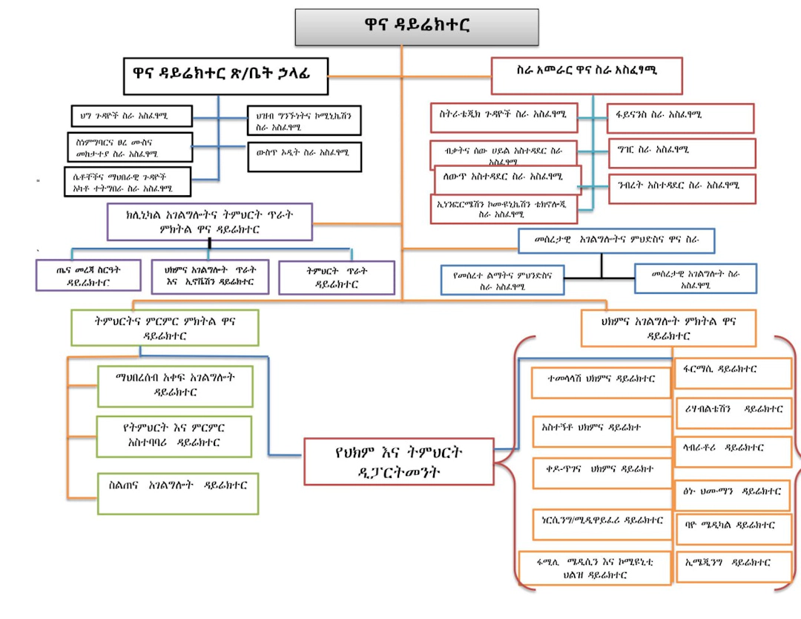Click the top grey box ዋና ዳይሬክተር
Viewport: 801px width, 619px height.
(417, 27)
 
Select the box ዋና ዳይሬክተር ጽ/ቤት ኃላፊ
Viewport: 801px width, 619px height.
(225, 76)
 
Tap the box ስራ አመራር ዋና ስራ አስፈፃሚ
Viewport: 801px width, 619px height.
(587, 75)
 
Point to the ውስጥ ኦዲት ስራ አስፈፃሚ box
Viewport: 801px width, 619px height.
(304, 156)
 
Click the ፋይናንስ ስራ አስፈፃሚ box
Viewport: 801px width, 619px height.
(680, 117)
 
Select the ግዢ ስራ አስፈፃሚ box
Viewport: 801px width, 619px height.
(681, 152)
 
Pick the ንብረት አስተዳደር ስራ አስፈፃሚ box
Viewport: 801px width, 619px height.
(681, 188)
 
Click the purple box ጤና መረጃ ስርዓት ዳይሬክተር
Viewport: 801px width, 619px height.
(89, 275)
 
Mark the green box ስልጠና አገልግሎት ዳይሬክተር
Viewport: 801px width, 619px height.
(177, 493)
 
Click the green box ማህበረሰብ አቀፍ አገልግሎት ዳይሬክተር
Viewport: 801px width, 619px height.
(175, 385)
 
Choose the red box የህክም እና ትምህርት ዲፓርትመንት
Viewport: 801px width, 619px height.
(399, 461)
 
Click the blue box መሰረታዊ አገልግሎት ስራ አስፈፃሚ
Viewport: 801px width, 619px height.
(695, 278)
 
